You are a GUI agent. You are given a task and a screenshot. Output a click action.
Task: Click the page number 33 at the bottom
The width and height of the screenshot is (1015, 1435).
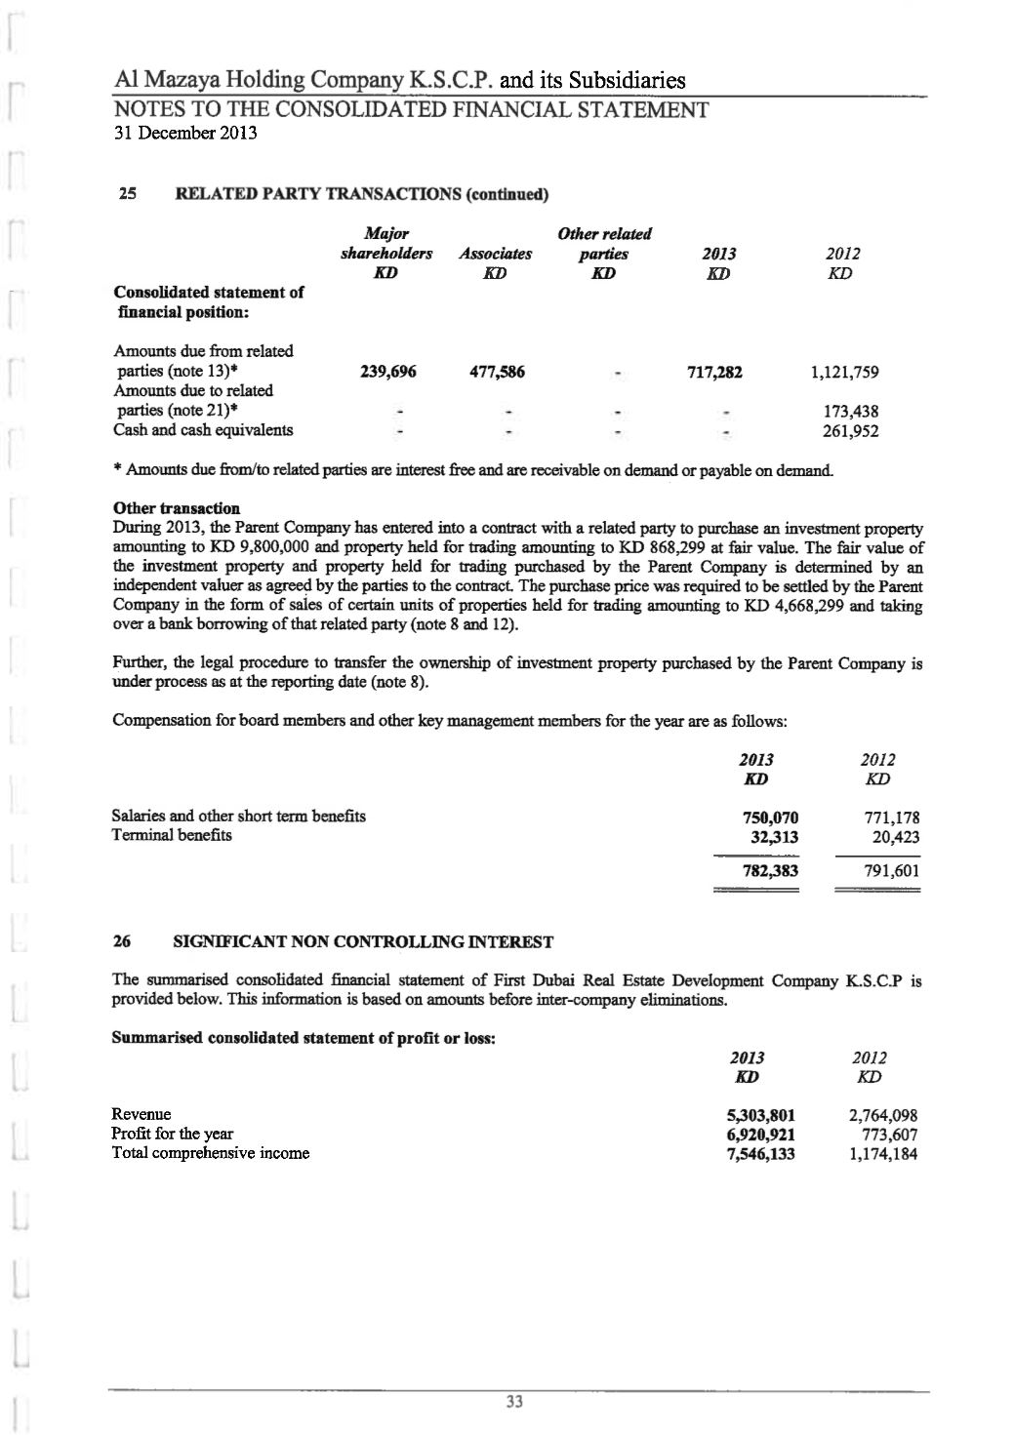515,1402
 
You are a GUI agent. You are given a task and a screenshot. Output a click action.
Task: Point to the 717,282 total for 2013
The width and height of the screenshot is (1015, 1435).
714,372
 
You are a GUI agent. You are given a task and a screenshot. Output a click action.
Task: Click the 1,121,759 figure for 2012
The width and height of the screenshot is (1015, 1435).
845,372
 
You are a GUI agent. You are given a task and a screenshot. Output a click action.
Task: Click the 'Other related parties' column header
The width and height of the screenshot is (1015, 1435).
604,244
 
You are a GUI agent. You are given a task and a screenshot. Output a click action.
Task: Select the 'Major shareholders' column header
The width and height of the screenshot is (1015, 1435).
386,244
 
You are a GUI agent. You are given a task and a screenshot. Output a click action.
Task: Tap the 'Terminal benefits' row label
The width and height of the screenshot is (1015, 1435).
172,836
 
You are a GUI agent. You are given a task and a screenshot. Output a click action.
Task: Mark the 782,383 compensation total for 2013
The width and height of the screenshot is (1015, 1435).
770,871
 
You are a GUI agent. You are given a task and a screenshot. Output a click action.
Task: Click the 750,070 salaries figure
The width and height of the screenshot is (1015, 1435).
770,818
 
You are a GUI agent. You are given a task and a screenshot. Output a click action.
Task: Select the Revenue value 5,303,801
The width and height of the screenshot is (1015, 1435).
760,1115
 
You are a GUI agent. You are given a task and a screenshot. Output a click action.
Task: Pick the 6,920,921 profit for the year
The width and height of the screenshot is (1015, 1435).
760,1134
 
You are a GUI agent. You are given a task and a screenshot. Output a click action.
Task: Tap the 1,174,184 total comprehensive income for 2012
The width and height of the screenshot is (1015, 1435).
883,1153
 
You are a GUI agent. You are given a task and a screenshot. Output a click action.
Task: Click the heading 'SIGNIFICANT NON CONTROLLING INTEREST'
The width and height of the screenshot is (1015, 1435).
363,942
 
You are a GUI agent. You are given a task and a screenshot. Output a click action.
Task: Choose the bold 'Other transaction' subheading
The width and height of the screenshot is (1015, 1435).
177,508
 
